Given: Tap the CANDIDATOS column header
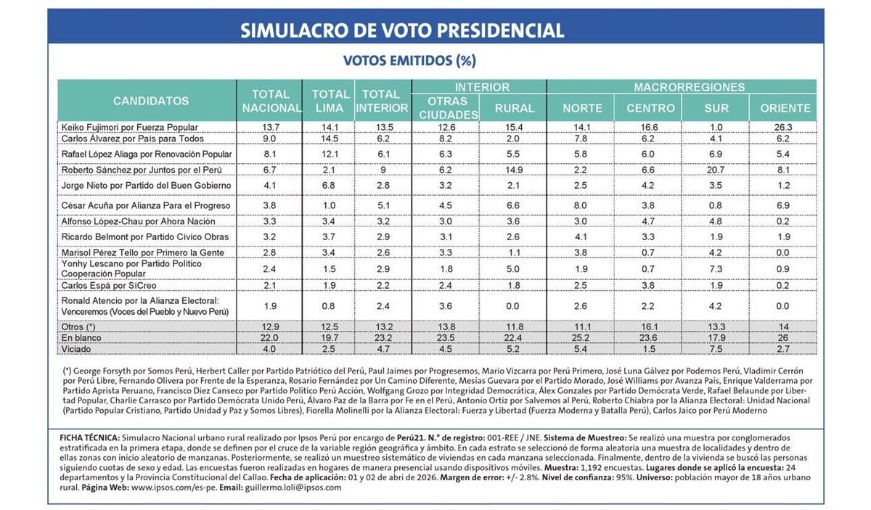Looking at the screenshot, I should coord(150,101).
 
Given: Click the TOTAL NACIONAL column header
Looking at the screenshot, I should coord(271,101).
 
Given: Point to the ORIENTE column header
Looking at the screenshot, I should coord(785,108).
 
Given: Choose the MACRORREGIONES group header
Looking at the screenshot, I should coord(689,87).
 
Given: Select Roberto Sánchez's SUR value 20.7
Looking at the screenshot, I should coord(716,170).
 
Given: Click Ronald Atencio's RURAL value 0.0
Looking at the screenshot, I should coord(514,306).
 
